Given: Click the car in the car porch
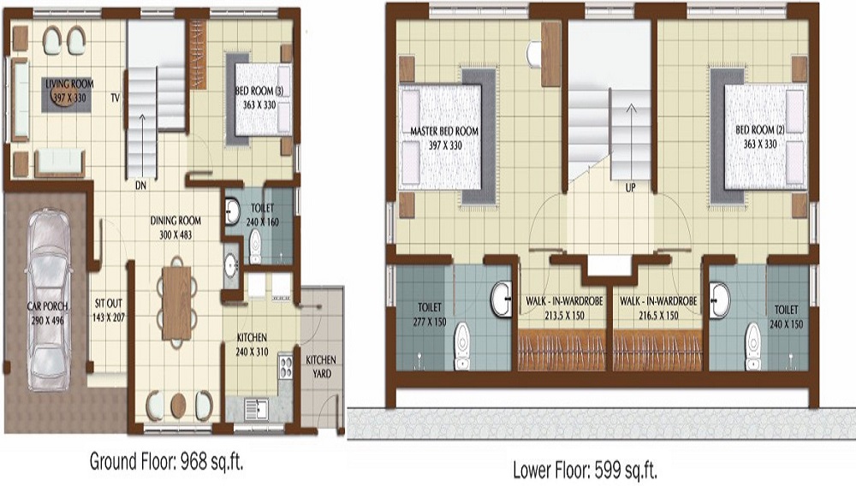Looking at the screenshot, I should [49, 299].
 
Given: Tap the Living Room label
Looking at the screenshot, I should [69, 84].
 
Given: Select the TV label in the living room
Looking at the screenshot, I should [114, 98].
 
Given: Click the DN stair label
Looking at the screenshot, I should [140, 184].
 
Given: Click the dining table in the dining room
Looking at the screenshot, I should [176, 302].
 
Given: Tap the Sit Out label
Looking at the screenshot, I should [109, 305].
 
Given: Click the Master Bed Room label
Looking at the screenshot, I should [444, 131].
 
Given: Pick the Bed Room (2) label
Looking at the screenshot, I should [759, 130].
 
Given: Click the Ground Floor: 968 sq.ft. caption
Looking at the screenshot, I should [167, 462].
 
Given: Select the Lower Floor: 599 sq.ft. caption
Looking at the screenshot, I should [585, 470].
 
